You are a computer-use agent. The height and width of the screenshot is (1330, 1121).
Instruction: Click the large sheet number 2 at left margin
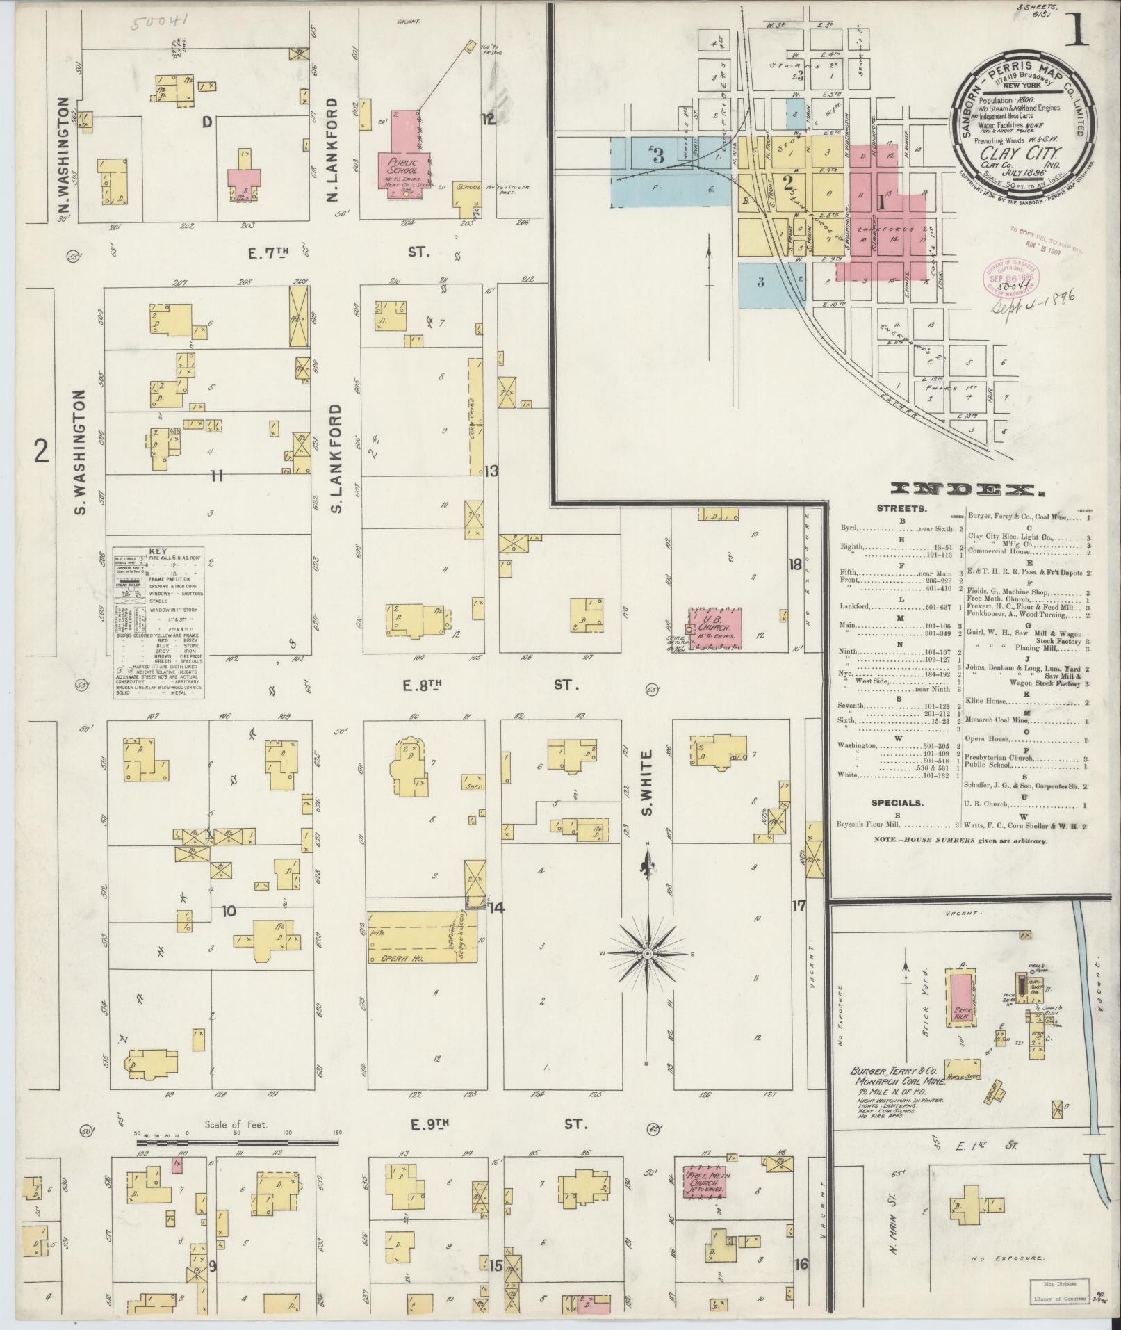tap(42, 453)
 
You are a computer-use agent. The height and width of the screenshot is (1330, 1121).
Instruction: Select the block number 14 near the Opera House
tap(496, 907)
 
